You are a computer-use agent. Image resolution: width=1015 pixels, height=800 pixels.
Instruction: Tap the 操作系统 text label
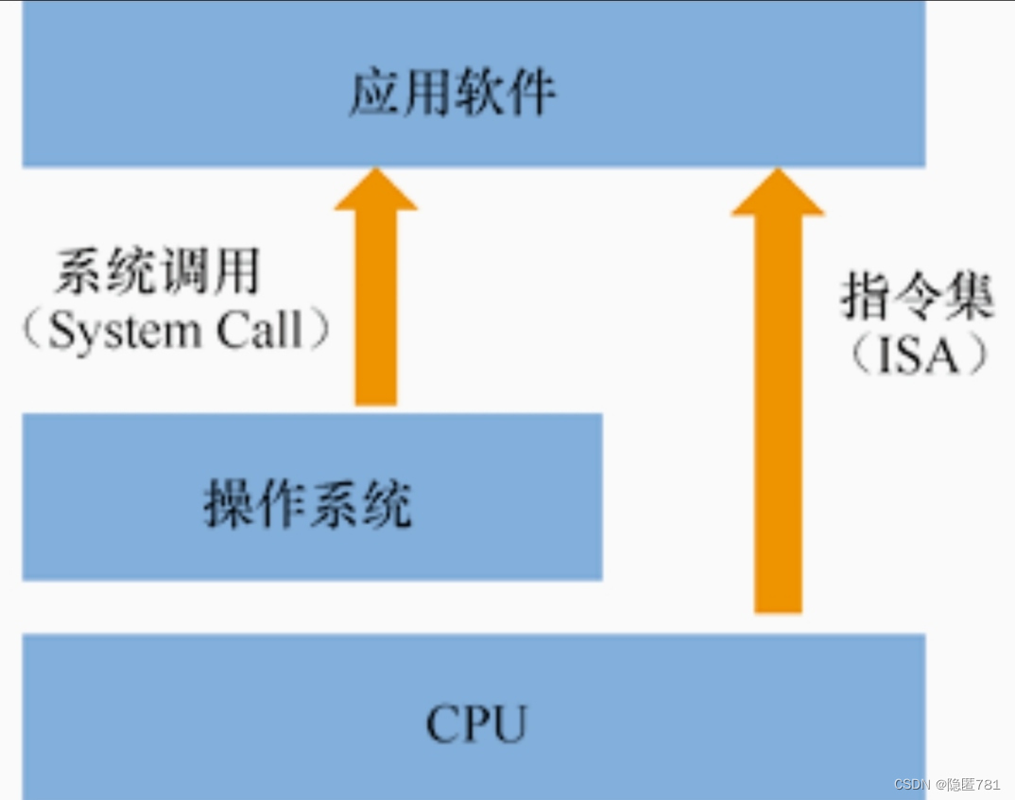coord(308,504)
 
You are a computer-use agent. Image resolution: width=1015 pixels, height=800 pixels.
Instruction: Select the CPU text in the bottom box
coord(475,724)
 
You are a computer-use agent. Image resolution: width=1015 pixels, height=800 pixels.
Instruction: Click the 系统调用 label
coord(157,273)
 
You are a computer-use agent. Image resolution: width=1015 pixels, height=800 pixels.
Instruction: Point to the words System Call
coord(175,331)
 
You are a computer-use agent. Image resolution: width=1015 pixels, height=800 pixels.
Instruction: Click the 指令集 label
coord(917,299)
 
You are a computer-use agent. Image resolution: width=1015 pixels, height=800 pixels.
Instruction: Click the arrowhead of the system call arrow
coord(375,191)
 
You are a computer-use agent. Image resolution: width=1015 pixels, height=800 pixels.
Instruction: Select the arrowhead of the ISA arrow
coord(777,194)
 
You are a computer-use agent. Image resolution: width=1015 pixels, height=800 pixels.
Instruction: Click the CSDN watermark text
coord(913,785)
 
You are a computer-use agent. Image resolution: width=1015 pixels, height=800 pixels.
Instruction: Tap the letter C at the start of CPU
coord(440,724)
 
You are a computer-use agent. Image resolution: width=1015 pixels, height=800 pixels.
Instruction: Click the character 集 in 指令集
coord(968,299)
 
